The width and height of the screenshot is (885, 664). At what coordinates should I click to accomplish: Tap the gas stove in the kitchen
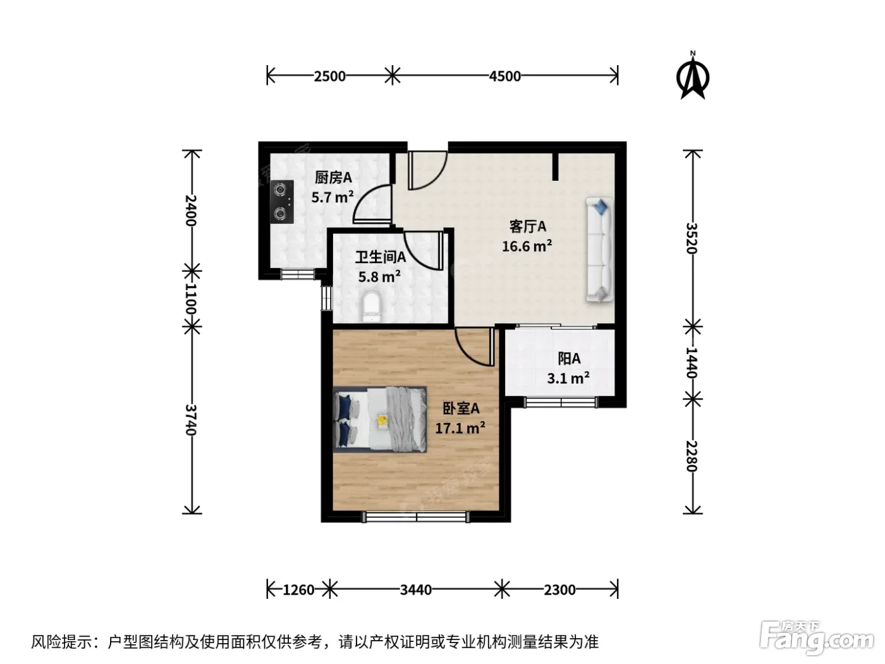[282, 202]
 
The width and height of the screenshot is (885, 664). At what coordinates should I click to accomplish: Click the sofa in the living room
[599, 250]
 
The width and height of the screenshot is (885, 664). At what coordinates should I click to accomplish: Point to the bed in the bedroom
[380, 419]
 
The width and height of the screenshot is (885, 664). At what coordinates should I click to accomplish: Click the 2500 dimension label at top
[329, 76]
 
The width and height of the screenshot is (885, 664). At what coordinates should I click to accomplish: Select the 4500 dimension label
[504, 76]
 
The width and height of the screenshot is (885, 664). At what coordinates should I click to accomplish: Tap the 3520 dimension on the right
[692, 238]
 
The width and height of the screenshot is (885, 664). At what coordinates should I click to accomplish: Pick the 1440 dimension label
[692, 362]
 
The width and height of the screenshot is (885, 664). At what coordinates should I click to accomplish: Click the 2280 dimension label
[692, 456]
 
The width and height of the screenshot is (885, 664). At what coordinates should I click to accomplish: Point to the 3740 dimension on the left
[191, 420]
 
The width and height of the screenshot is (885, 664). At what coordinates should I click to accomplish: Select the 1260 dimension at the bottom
[298, 590]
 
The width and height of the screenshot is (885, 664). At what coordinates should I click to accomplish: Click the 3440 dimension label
[416, 590]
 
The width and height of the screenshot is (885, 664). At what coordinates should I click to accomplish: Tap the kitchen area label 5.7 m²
[333, 197]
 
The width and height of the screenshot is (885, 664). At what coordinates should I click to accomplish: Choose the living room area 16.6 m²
[527, 246]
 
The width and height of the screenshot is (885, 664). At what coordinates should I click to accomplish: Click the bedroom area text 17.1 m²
[460, 427]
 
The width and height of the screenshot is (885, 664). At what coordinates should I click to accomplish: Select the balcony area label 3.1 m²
[568, 378]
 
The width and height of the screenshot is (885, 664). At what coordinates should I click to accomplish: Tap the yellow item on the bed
[382, 421]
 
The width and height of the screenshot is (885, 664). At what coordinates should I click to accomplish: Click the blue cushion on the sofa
[601, 207]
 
